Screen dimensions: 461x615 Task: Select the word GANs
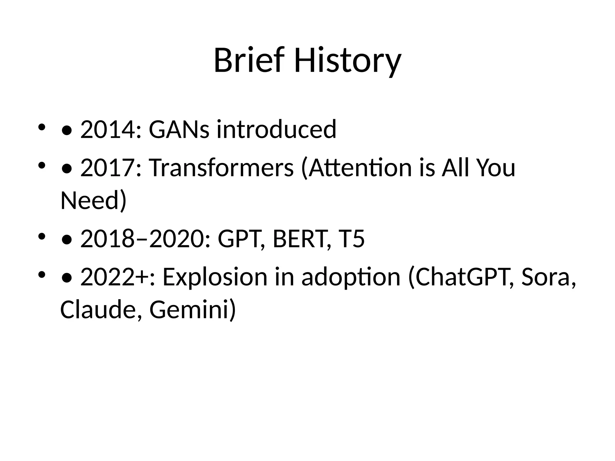[179, 129]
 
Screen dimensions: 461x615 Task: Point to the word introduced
[276, 129]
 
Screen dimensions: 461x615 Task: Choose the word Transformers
[221, 167]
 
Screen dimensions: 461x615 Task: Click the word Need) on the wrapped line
[93, 200]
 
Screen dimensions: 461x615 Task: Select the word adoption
[351, 277]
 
